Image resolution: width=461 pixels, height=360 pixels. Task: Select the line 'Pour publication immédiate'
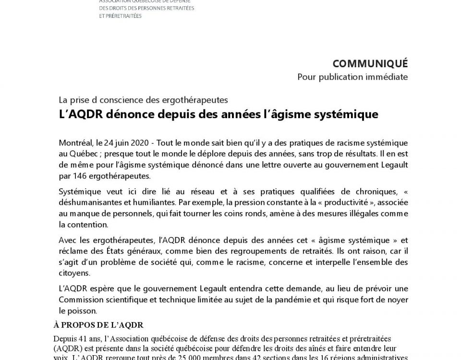[352, 77]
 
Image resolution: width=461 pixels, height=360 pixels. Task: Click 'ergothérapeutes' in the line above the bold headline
[201, 100]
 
